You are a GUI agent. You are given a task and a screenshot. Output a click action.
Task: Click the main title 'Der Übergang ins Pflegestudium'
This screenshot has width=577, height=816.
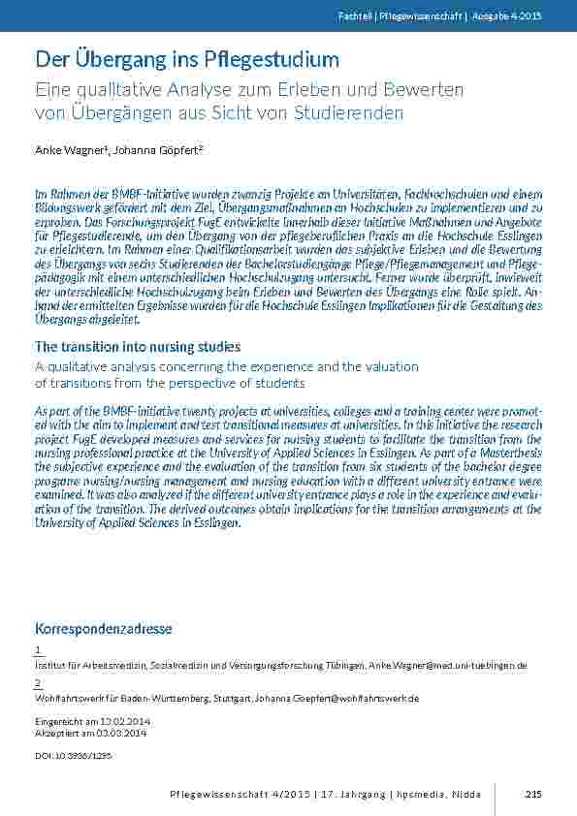[x=187, y=59]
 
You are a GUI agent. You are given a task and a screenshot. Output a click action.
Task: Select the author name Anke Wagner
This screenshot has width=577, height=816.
[x=66, y=150]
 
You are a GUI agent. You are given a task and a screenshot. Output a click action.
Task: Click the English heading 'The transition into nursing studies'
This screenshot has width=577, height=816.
[x=138, y=346]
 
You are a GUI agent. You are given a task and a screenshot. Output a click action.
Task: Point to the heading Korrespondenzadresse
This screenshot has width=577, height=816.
[x=103, y=628]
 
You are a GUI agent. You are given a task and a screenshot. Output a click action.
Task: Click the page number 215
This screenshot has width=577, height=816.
[x=531, y=794]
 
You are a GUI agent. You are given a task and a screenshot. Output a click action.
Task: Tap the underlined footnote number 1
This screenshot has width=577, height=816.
[x=37, y=650]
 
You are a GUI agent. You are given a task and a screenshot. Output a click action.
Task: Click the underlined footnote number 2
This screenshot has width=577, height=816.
[x=37, y=683]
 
